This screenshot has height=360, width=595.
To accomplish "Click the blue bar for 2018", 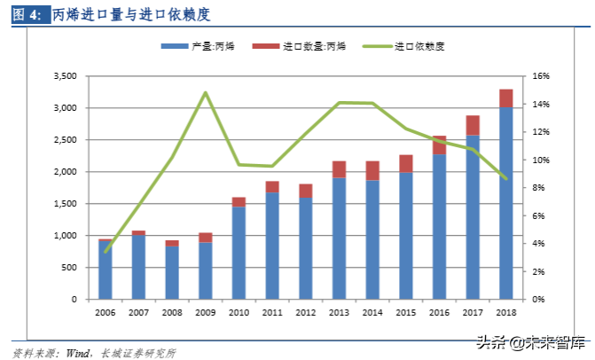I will [x=506, y=204].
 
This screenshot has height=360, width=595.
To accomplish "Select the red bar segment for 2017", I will [x=473, y=125].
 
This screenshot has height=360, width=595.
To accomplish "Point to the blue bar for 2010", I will [x=239, y=253].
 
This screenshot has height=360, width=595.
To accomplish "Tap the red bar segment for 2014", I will [x=372, y=170].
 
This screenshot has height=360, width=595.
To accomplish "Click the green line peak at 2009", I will [x=206, y=92].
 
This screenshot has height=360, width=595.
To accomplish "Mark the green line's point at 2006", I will [x=106, y=252].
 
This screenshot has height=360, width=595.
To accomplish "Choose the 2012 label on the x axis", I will [x=306, y=313].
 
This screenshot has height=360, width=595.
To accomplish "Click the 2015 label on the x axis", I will [x=406, y=313].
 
